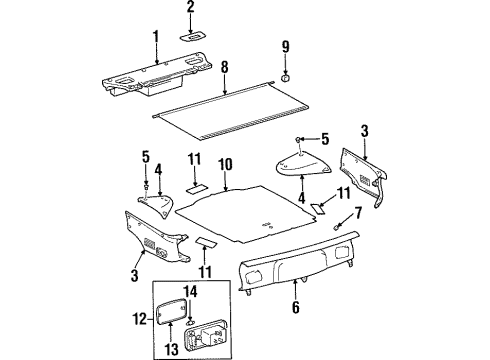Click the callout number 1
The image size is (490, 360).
click(155, 37)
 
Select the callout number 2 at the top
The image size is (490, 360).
click(191, 9)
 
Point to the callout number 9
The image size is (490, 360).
click(285, 47)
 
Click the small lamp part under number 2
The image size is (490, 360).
click(192, 34)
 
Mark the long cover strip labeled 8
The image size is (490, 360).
click(230, 110)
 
